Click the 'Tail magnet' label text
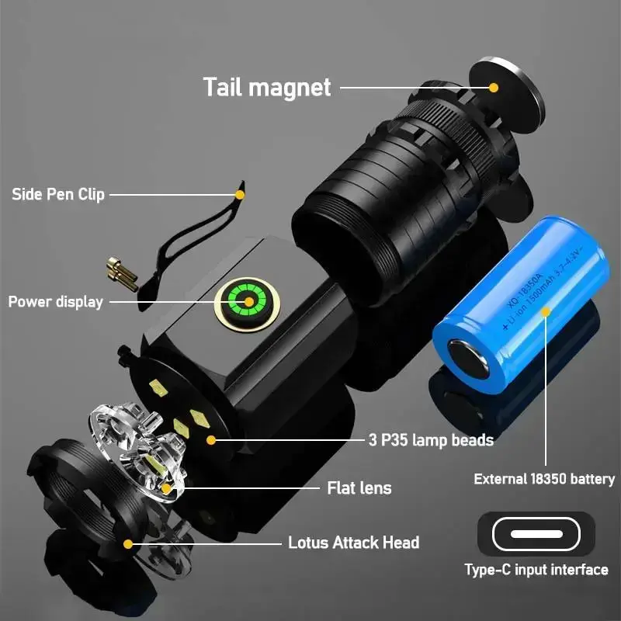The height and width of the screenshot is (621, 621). click(267, 86)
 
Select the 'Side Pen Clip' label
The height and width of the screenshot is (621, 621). click(58, 194)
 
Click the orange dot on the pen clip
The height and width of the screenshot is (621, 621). click(240, 194)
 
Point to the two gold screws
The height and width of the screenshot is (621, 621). click(122, 273)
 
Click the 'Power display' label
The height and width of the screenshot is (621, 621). click(56, 301)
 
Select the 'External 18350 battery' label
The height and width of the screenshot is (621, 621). click(544, 479)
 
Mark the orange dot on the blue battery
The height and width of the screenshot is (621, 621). click(546, 312)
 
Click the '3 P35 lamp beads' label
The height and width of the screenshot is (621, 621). click(431, 440)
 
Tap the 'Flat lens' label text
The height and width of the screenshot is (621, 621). click(359, 487)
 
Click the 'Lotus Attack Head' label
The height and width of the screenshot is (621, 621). click(353, 543)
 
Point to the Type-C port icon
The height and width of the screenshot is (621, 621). click(536, 534)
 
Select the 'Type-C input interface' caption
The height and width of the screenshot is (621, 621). click(536, 570)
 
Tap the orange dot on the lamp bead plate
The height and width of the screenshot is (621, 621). click(210, 440)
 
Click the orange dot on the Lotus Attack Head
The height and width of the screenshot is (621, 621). click(128, 543)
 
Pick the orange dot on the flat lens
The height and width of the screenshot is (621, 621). click(167, 488)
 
